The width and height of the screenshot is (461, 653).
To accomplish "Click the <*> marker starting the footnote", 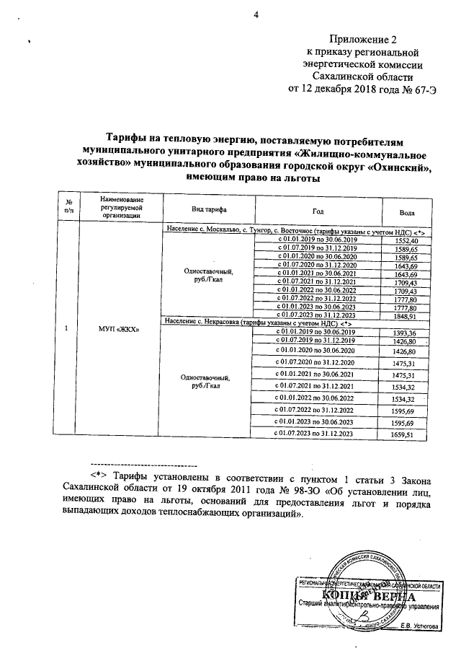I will [x=99, y=478].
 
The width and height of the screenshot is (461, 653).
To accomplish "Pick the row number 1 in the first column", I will [x=66, y=330].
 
